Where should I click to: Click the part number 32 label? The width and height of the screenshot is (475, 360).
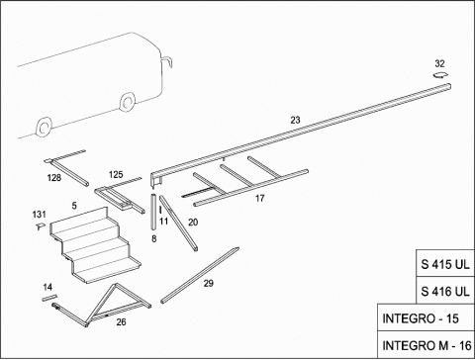[x=439, y=63]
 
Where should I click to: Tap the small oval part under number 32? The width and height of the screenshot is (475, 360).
[x=441, y=75]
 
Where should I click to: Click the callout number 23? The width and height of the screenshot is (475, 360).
[x=295, y=120]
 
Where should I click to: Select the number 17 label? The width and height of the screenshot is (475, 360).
[x=260, y=198]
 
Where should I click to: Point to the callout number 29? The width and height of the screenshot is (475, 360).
[x=209, y=283]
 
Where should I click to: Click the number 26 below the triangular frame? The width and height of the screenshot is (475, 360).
[x=121, y=321]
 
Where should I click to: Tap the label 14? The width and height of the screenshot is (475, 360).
[x=47, y=287]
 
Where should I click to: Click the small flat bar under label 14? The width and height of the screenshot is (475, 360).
[x=49, y=298]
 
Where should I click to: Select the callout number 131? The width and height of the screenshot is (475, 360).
[x=39, y=215]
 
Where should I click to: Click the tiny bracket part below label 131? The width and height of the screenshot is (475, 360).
[x=41, y=226]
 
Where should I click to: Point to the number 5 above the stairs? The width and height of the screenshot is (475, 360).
[x=74, y=206]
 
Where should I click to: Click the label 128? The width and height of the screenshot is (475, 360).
[x=54, y=178]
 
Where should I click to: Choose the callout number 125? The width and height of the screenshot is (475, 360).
[x=116, y=174]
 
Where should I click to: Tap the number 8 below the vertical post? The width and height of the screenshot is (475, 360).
[x=154, y=238]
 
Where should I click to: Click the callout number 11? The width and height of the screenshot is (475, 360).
[x=164, y=222]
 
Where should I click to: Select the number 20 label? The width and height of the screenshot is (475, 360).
[x=193, y=223]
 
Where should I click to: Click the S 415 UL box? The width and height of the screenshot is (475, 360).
[x=445, y=263]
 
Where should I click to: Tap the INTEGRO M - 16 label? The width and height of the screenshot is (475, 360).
[x=427, y=345]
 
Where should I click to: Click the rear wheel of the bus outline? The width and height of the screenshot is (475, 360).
[x=44, y=128]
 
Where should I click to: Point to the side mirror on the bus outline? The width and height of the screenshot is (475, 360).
[x=167, y=61]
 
